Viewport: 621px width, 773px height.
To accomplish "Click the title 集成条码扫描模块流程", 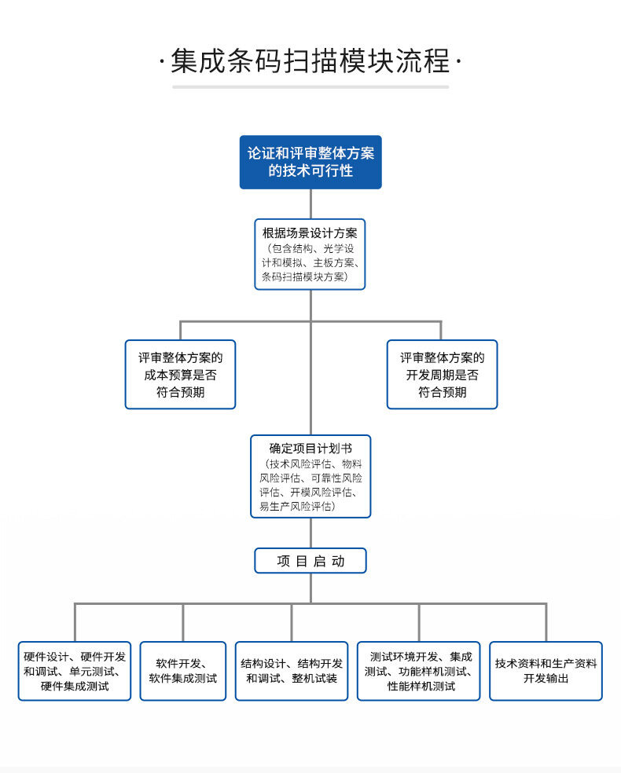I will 310,62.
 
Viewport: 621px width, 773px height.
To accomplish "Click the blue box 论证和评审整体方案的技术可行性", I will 310,162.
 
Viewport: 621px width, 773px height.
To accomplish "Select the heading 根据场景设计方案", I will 310,233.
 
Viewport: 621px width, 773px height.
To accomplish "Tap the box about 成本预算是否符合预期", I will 180,374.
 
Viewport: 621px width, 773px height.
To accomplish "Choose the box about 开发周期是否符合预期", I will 442,374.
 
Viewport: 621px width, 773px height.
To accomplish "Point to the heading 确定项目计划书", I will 310,449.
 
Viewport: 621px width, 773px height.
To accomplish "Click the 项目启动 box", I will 310,561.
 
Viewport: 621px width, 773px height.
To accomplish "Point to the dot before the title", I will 161,61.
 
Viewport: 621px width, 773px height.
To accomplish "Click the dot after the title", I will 458,61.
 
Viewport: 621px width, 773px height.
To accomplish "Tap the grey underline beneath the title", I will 310,86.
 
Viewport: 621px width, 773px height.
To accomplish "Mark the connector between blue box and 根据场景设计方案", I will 310,203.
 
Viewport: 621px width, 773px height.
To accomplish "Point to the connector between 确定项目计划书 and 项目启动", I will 310,533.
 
